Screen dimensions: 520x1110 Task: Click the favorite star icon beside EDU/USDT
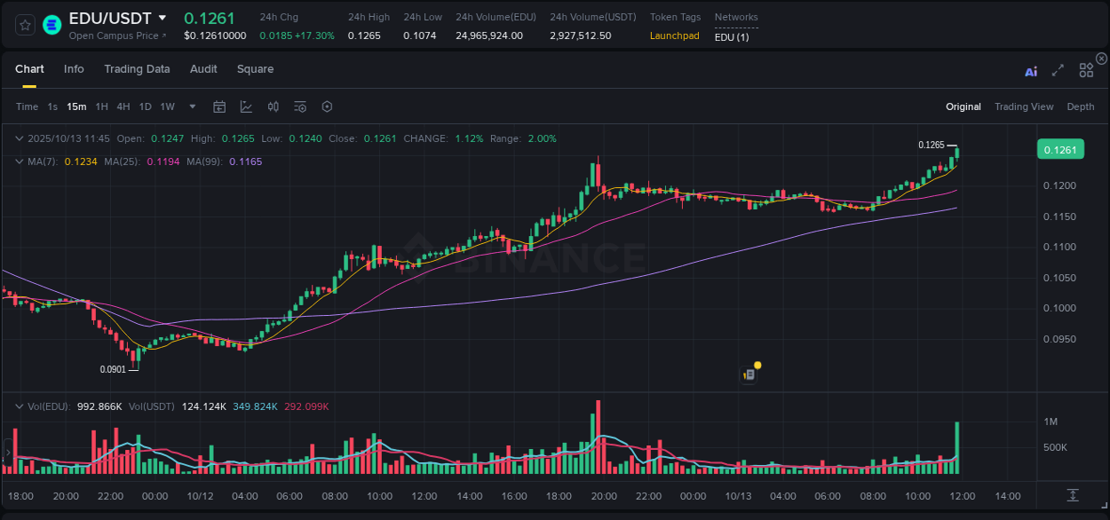(x=25, y=25)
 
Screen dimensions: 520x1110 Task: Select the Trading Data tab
(x=137, y=69)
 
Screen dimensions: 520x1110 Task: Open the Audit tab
(x=203, y=69)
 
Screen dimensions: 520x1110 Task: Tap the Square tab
(x=255, y=69)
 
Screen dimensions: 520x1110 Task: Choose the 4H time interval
(x=123, y=106)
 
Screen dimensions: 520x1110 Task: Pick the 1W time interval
(x=167, y=106)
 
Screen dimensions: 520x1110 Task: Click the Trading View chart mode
(x=1024, y=106)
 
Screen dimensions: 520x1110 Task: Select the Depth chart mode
(x=1081, y=106)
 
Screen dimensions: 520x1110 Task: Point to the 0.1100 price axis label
(x=1059, y=247)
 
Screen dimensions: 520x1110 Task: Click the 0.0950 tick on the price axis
(x=1059, y=339)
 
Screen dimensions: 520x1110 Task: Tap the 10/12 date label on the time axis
(x=200, y=496)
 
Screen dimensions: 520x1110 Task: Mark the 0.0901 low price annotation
(x=113, y=370)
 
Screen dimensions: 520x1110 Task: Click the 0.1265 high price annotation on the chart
(x=931, y=145)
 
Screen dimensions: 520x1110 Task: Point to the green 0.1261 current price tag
(x=1059, y=150)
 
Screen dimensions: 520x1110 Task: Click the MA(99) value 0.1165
(x=245, y=162)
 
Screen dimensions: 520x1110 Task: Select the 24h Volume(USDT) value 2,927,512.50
(x=580, y=35)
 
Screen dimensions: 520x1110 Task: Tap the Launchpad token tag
(x=674, y=35)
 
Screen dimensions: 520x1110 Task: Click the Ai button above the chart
(x=1031, y=72)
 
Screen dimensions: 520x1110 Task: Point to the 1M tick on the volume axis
(x=1050, y=422)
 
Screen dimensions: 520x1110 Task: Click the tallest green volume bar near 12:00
(x=956, y=449)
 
